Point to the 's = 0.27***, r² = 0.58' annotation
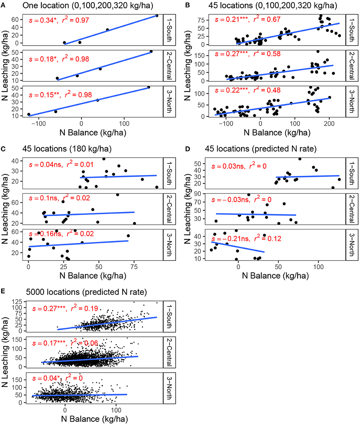pyautogui.click(x=254, y=54)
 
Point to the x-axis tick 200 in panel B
pyautogui.click(x=330, y=123)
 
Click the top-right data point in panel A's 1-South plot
pyautogui.click(x=156, y=16)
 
